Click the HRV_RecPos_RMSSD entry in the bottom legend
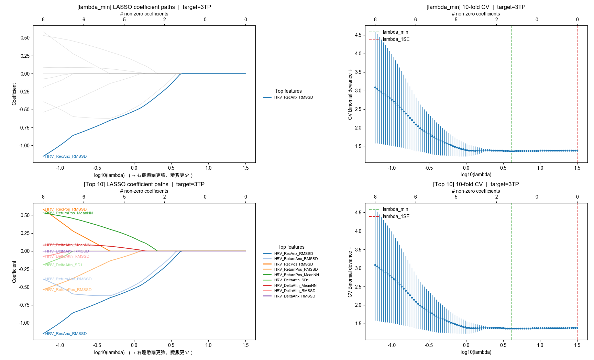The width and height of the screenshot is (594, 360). point(293,264)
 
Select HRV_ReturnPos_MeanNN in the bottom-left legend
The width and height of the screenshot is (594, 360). point(296,275)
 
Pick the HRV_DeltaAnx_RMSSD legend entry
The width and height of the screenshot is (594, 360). point(295,296)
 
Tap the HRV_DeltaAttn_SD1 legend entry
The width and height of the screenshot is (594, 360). point(291,280)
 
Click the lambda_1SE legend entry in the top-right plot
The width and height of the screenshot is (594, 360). point(396,39)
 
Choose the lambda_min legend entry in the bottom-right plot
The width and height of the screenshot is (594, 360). point(395,209)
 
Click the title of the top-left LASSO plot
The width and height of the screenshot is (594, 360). point(144,7)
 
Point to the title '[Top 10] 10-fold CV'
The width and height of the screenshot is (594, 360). point(476,184)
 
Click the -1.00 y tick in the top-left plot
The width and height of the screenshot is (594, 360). point(24,146)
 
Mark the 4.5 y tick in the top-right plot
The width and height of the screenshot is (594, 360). point(358,35)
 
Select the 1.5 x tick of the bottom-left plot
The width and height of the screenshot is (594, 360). point(245,345)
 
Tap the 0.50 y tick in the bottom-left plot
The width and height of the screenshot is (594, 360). point(25,215)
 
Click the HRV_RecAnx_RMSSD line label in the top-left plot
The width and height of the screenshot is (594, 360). point(66,156)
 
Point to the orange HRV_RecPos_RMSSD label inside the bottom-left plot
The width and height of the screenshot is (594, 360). point(66,209)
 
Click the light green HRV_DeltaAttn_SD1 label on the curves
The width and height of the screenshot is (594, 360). point(64,265)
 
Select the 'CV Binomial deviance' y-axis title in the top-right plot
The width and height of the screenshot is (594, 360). point(350,94)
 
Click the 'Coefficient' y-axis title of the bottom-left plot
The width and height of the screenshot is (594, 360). point(14,272)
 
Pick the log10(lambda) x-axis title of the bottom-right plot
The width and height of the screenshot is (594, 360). point(476,352)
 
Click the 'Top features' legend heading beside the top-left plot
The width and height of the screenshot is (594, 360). point(288,91)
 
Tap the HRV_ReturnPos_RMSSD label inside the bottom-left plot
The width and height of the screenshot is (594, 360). point(68,290)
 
